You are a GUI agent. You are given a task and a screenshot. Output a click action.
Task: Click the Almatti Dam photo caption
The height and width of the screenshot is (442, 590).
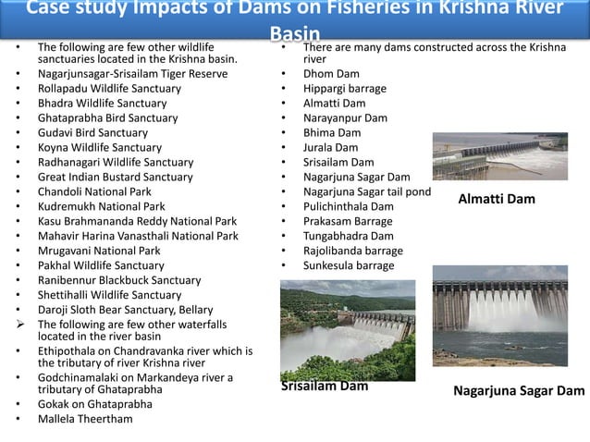click(x=496, y=199)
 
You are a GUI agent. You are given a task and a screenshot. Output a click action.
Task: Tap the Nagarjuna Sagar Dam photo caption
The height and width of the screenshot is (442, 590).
click(x=519, y=391)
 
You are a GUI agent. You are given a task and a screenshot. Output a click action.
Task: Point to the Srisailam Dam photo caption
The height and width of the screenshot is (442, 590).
click(x=325, y=387)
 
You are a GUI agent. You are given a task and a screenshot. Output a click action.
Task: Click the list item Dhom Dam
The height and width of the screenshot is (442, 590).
click(x=331, y=73)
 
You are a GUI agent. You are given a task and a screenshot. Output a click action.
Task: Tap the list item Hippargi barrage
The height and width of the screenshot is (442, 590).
click(x=344, y=88)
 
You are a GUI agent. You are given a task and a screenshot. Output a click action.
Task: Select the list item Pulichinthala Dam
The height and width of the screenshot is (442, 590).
click(x=348, y=206)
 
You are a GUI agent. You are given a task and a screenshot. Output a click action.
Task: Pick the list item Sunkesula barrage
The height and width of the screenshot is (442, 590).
click(x=348, y=265)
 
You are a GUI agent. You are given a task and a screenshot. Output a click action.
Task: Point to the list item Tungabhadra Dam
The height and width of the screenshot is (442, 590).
click(x=348, y=236)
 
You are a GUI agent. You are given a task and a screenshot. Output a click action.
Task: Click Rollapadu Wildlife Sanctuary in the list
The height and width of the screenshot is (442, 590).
click(x=109, y=88)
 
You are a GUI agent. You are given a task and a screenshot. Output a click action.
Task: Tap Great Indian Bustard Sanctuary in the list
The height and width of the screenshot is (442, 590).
click(x=115, y=177)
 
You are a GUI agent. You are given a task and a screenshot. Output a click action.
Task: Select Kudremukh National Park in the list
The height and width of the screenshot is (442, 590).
click(x=101, y=206)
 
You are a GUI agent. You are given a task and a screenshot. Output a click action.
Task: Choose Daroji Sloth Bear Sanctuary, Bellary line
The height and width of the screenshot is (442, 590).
click(x=125, y=310)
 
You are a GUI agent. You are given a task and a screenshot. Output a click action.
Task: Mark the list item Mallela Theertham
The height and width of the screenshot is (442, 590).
click(x=85, y=419)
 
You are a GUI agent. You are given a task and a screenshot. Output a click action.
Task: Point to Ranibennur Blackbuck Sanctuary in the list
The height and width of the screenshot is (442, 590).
click(x=119, y=280)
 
